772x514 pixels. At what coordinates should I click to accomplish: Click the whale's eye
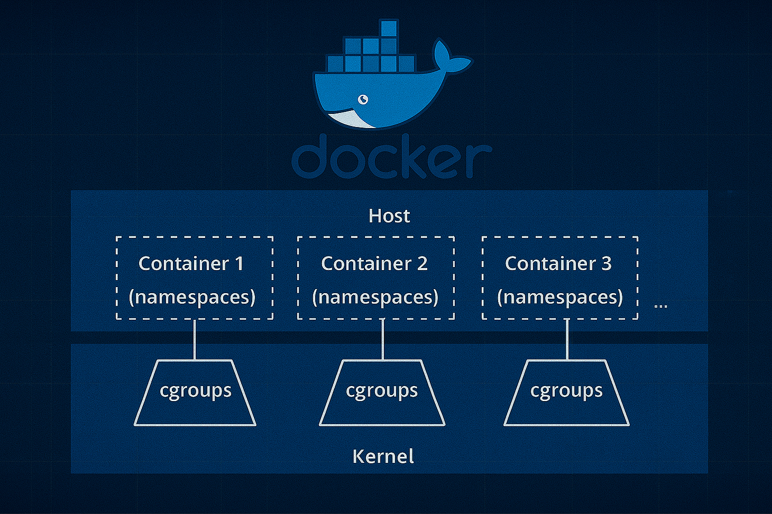click(x=363, y=99)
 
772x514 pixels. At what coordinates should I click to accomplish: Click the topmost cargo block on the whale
click(x=389, y=29)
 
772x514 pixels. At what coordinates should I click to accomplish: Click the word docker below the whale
click(x=391, y=157)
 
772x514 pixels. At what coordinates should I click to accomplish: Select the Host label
click(x=389, y=216)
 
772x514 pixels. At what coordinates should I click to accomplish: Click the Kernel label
click(x=383, y=456)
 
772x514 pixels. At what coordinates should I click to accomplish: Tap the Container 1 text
click(x=191, y=264)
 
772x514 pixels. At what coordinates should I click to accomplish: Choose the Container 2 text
click(x=374, y=264)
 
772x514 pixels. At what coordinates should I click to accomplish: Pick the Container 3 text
click(x=558, y=264)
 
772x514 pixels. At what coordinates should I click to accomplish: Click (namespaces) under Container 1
click(x=192, y=297)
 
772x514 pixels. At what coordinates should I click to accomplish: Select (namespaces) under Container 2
click(x=375, y=297)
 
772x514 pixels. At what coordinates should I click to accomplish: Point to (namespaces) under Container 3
click(x=560, y=297)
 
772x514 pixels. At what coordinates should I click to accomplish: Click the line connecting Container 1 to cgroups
click(x=195, y=339)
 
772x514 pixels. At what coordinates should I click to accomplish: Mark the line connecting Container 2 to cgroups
click(x=383, y=339)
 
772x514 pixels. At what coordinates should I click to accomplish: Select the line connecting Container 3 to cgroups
click(x=567, y=339)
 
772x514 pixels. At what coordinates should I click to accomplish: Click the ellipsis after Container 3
click(x=661, y=306)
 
